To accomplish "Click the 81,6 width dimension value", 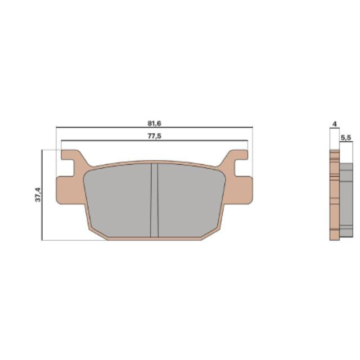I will click(154, 123).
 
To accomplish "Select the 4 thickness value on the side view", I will click(334, 123).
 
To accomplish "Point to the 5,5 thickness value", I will click(346, 137).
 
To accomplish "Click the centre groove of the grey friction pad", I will click(155, 200).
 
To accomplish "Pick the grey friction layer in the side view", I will click(346, 194).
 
